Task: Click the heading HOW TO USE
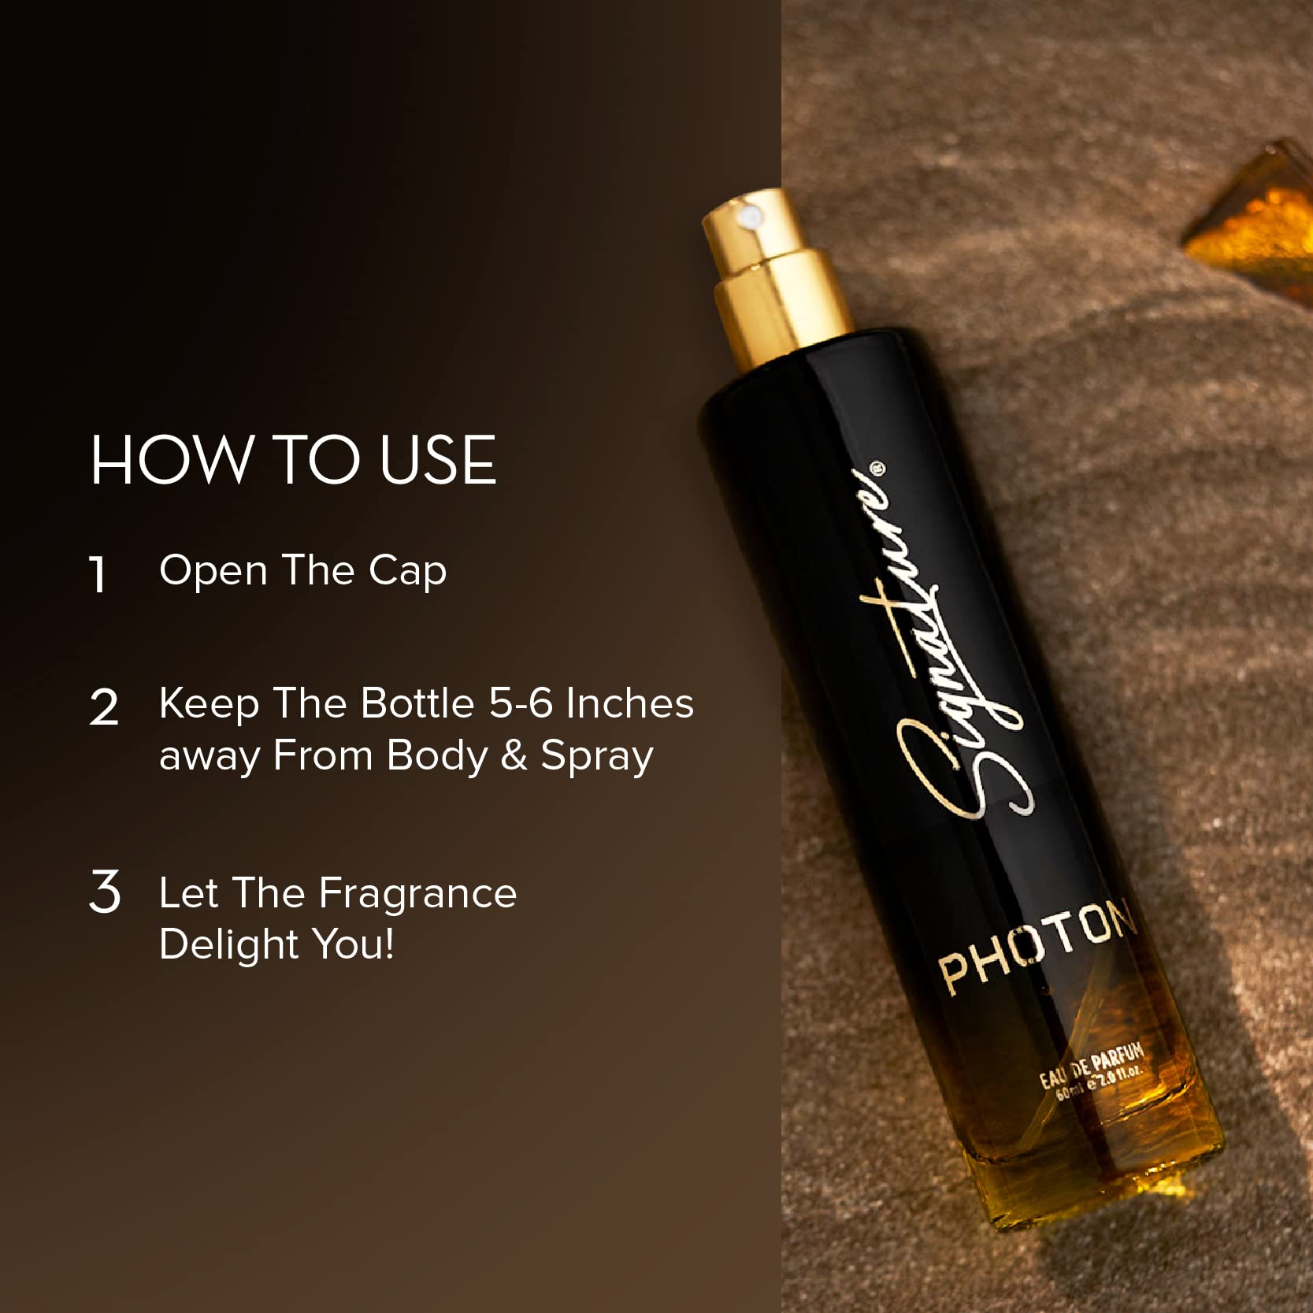292,461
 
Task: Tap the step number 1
98,574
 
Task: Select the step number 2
104,707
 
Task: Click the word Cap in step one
407,571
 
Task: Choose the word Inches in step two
629,703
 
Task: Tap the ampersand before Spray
514,755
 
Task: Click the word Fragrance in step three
417,894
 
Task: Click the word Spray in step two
596,757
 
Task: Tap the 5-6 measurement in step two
521,703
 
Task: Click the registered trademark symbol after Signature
879,470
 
